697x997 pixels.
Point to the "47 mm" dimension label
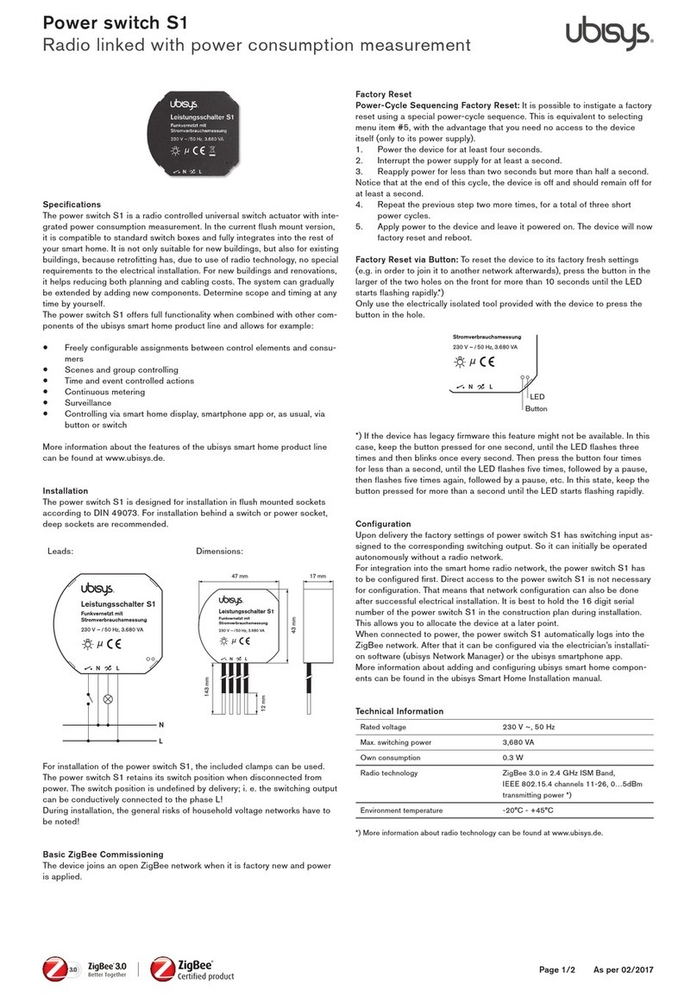point(239,575)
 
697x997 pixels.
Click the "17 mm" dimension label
point(318,575)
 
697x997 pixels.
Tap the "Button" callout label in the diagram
point(537,408)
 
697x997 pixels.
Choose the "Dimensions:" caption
point(221,550)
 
